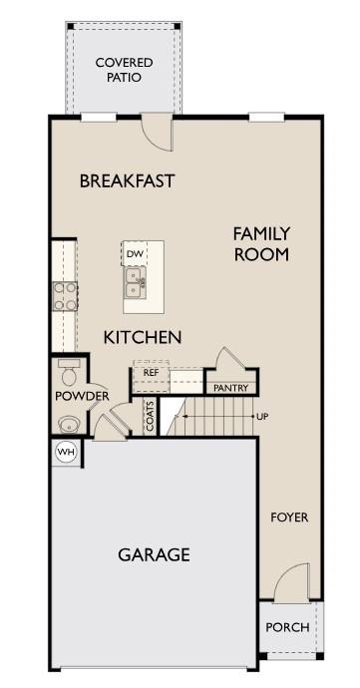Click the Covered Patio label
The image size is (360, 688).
coord(119,70)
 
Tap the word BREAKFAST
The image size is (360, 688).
coord(127,181)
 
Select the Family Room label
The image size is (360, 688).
coord(261,243)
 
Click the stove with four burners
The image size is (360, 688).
coord(65,296)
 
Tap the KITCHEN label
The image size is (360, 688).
coord(143,338)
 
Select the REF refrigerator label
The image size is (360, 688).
coord(152,372)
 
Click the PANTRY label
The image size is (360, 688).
coord(230,387)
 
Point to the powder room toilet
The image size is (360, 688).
coord(69,376)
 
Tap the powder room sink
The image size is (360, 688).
coord(68,421)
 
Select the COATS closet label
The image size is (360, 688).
coord(150,416)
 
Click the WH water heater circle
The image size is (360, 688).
coord(66,452)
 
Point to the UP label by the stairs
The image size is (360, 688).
coord(262,416)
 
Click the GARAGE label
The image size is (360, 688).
coord(154,555)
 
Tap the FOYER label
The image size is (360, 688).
coord(290,517)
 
